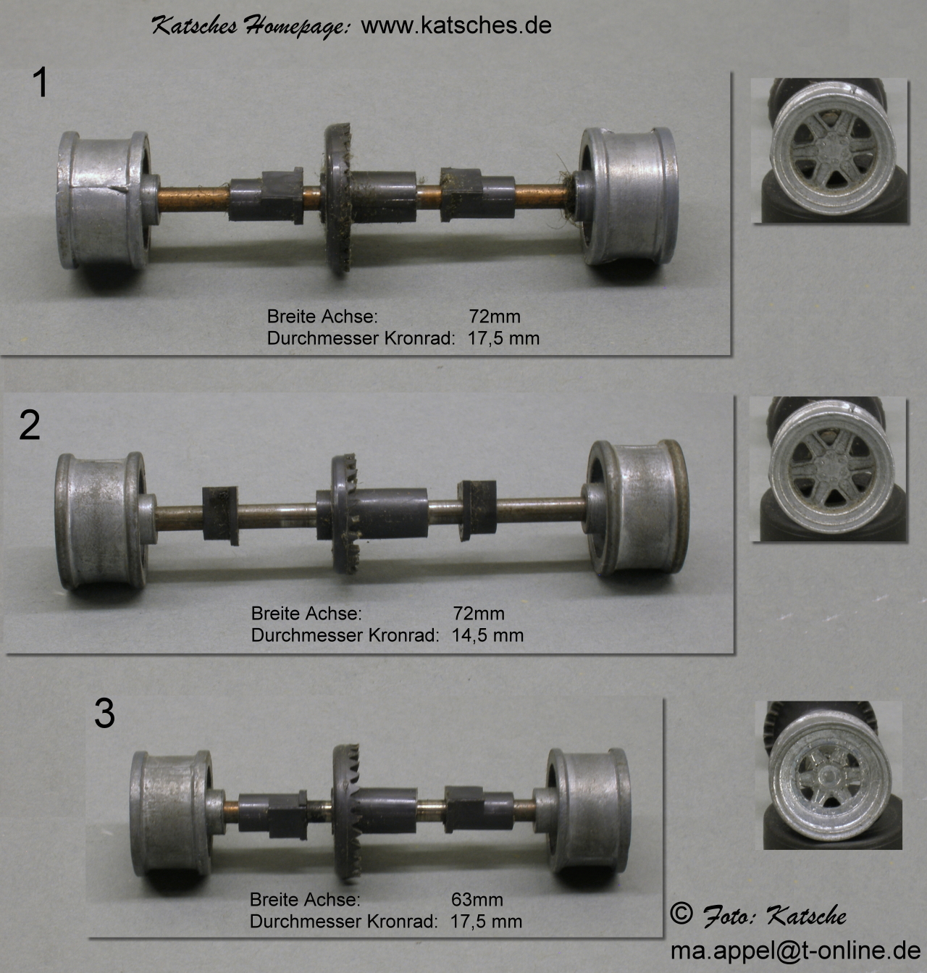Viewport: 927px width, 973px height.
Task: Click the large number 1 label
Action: (x=40, y=83)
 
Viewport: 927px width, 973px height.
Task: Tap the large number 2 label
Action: (x=30, y=425)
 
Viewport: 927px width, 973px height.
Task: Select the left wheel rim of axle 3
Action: (x=171, y=813)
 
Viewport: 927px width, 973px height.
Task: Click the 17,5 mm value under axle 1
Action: (x=503, y=338)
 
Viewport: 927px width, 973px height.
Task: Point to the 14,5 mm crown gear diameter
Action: (x=487, y=635)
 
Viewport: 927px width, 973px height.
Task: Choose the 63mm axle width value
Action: (x=477, y=899)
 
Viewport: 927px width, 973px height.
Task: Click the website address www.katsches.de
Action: (x=456, y=26)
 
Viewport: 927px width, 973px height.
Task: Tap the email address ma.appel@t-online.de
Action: (x=795, y=951)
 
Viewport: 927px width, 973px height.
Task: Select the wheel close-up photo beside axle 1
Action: (x=830, y=151)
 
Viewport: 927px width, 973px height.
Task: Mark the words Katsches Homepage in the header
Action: (x=251, y=27)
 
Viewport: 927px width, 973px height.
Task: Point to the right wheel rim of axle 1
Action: (x=629, y=196)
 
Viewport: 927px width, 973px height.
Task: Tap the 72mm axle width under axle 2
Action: (x=479, y=614)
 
